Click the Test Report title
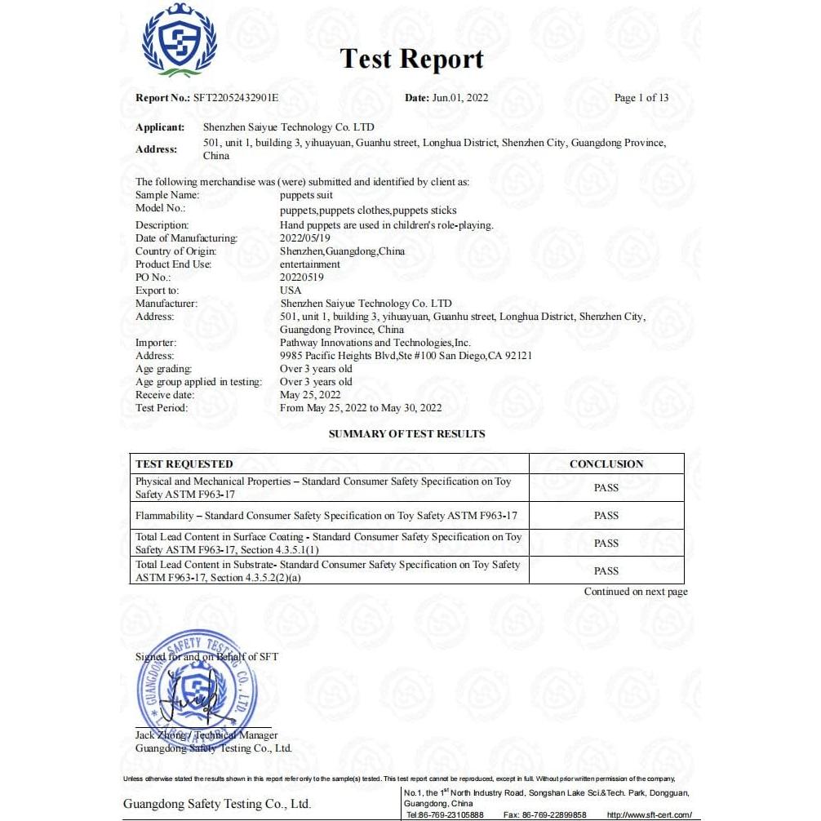411,59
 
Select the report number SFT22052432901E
236,98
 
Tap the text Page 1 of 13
641,98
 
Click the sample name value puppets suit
306,196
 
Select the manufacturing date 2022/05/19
305,238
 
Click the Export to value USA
291,291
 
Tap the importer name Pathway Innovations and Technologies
375,343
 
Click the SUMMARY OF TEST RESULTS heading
406,434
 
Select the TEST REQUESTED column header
184,464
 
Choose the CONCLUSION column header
606,464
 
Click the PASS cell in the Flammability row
606,516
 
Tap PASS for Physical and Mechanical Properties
606,488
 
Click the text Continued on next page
636,592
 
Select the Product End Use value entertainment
310,264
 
